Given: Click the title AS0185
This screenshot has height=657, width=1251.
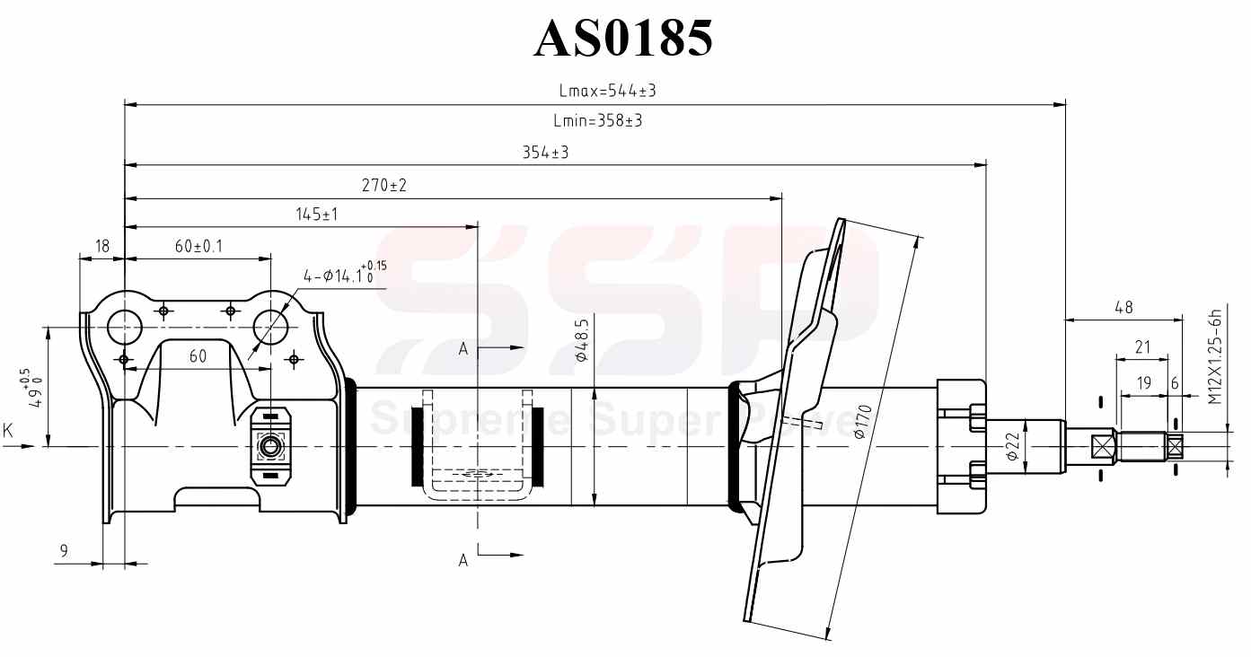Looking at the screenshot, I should pyautogui.click(x=624, y=39).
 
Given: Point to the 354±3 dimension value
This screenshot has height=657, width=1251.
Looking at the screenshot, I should pyautogui.click(x=546, y=153).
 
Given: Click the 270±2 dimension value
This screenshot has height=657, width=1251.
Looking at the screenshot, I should pyautogui.click(x=384, y=185).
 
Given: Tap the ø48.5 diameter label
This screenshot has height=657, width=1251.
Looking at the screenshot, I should pyautogui.click(x=581, y=340).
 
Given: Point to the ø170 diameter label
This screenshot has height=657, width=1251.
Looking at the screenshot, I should pyautogui.click(x=861, y=421).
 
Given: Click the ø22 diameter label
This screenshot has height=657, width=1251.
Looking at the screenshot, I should pyautogui.click(x=1010, y=445).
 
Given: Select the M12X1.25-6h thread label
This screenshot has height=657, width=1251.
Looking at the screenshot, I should pyautogui.click(x=1214, y=353).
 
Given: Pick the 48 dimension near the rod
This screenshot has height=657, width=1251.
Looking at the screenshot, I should pyautogui.click(x=1123, y=307).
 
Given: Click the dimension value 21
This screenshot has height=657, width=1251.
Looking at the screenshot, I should pyautogui.click(x=1142, y=346).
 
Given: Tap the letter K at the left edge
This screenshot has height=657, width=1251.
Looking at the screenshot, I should pyautogui.click(x=8, y=432).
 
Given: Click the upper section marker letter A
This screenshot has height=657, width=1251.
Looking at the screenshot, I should pyautogui.click(x=463, y=349).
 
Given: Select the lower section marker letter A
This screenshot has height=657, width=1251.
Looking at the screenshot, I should pyautogui.click(x=463, y=560).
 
